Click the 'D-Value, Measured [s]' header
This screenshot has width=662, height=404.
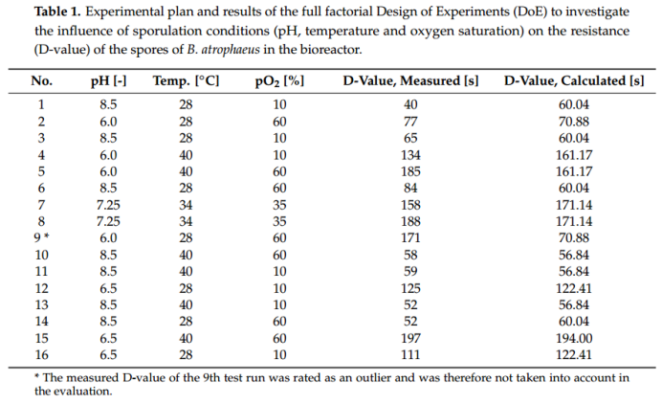click(x=410, y=81)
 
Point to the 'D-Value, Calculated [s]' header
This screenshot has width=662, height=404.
click(x=574, y=81)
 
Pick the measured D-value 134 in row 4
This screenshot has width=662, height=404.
click(x=411, y=154)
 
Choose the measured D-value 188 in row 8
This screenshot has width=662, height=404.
click(x=411, y=220)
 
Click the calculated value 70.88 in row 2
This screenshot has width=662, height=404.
click(x=574, y=121)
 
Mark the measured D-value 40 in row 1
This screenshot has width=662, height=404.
click(x=411, y=104)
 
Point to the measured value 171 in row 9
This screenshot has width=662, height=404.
click(x=411, y=237)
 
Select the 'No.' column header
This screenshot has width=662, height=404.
click(x=42, y=81)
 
